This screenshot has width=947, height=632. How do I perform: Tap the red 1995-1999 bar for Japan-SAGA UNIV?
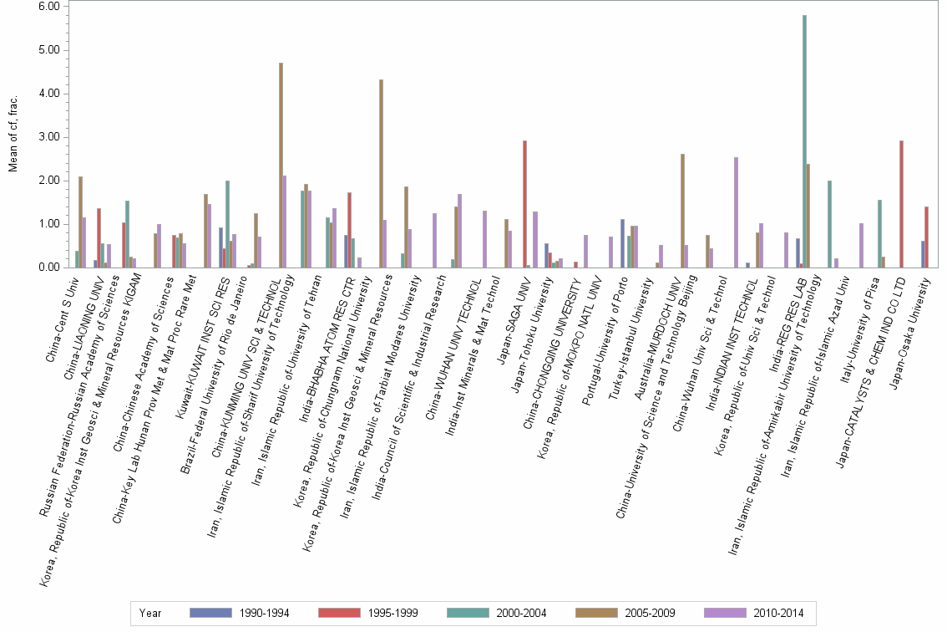pos(524,204)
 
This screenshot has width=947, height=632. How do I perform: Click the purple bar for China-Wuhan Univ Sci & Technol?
pos(736,212)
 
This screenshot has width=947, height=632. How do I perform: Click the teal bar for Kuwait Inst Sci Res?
pos(228,224)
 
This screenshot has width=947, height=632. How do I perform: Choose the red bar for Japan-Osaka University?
pos(927,237)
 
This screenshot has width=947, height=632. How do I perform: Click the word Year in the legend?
pos(150,614)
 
